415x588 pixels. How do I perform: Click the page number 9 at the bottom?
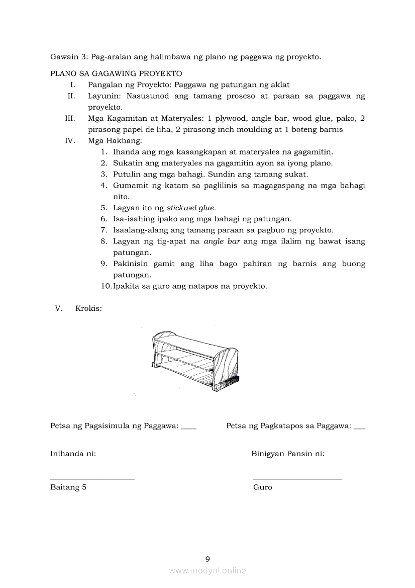[x=207, y=559]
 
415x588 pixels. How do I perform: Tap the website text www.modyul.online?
[x=207, y=571]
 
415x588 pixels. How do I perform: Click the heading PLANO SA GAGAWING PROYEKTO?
[x=116, y=73]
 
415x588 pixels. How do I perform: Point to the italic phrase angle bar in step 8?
[x=222, y=241]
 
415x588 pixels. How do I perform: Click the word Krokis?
[x=88, y=308]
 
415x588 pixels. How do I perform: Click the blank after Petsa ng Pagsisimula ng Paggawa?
[x=188, y=427]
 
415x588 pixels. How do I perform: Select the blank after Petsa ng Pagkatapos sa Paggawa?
[x=359, y=427]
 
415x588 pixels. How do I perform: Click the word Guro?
[x=263, y=487]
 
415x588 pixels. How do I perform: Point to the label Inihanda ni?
[x=73, y=454]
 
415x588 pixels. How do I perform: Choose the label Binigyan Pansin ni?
[x=287, y=454]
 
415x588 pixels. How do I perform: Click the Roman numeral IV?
[x=70, y=141]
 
